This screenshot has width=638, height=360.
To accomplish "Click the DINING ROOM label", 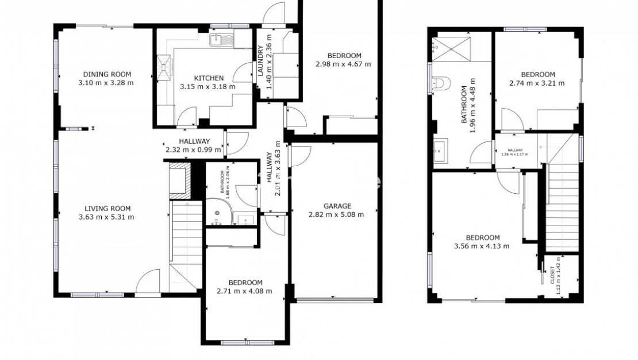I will click(x=107, y=74).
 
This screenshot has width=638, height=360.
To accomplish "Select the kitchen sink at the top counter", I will click(x=219, y=40).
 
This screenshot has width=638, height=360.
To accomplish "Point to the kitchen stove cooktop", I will click(x=165, y=67).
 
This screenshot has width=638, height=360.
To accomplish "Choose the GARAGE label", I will click(x=337, y=206).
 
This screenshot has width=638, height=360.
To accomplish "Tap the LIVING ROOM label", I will click(x=107, y=209).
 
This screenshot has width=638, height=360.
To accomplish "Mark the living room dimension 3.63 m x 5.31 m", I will click(x=107, y=217).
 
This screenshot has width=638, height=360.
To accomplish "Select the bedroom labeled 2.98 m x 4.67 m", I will click(x=343, y=60).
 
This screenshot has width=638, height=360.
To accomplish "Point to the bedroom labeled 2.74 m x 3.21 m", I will click(x=537, y=78).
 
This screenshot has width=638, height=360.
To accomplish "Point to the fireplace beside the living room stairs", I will click(x=179, y=179).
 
